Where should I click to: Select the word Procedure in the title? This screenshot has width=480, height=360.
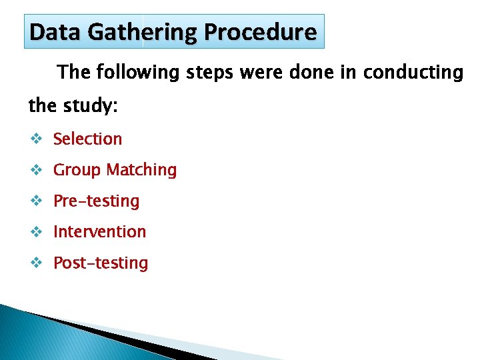pos(261,32)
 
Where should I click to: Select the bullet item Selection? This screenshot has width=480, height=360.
pos(87,139)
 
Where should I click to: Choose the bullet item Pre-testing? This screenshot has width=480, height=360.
pos(96,201)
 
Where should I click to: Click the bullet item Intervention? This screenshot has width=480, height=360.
pos(99,231)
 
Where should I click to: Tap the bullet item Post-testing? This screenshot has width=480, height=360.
pos(101,263)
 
